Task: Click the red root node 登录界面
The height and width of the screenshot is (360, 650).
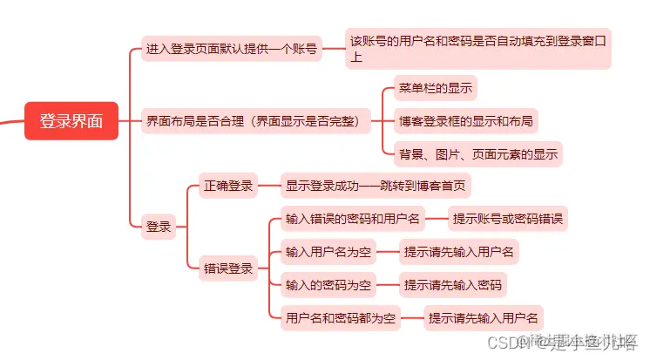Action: pyautogui.click(x=71, y=120)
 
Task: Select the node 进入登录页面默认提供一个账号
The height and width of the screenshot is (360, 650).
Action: pyautogui.click(x=231, y=50)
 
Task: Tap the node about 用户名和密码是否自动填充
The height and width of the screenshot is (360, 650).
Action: pyautogui.click(x=477, y=49)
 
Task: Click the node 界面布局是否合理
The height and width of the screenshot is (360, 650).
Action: pyautogui.click(x=252, y=120)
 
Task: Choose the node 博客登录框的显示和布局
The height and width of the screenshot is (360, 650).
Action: pyautogui.click(x=465, y=120)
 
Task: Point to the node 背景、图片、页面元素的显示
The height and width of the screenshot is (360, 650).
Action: pyautogui.click(x=477, y=154)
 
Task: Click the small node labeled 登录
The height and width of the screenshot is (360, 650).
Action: pyautogui.click(x=159, y=227)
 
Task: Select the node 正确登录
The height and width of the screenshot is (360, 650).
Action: pyautogui.click(x=228, y=186)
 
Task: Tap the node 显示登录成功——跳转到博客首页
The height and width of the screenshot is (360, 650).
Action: pyautogui.click(x=377, y=186)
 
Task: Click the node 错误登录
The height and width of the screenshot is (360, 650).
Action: pyautogui.click(x=228, y=268)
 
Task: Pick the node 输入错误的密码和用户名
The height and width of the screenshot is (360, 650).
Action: pyautogui.click(x=353, y=218)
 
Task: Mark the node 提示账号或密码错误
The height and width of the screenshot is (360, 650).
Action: pyautogui.click(x=508, y=218)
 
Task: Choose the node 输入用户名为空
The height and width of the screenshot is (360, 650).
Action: pyautogui.click(x=328, y=252)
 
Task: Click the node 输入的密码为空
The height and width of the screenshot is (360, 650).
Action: pyautogui.click(x=328, y=284)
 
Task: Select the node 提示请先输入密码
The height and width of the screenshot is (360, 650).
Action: pyautogui.click(x=452, y=284)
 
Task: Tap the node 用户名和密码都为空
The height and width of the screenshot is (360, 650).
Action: pyautogui.click(x=341, y=317)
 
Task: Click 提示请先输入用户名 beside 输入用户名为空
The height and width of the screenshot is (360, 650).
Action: pyautogui.click(x=459, y=252)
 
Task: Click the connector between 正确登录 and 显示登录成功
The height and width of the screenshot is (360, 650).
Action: pyautogui.click(x=270, y=186)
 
